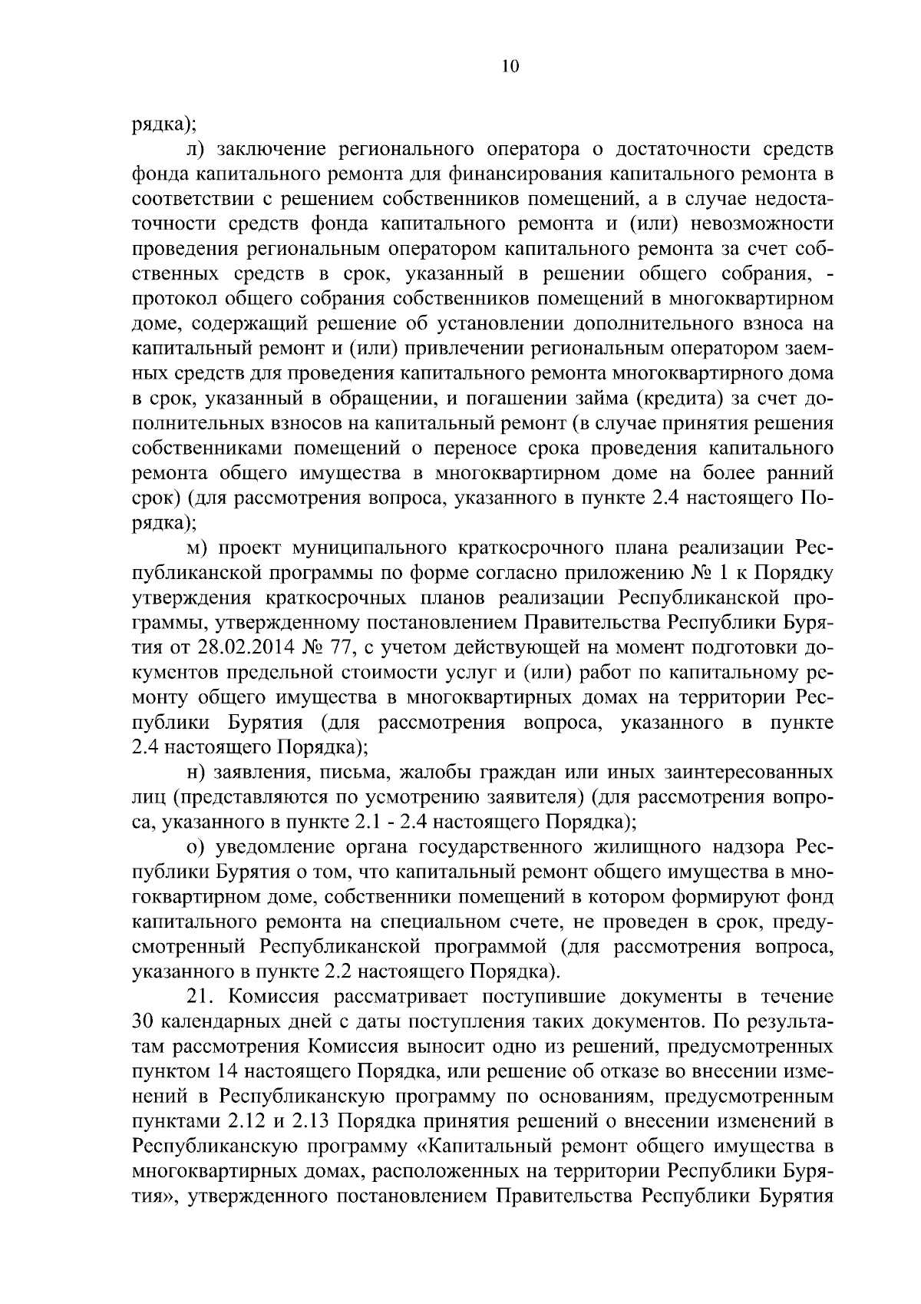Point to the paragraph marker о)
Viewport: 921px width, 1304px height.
(195, 847)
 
